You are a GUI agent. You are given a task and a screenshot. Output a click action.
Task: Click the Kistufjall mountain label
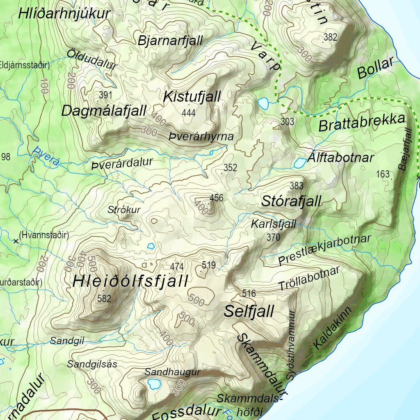click(192, 97)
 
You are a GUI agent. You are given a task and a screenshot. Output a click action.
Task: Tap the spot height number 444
click(189, 113)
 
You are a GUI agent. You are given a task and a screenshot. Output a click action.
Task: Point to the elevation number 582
click(104, 299)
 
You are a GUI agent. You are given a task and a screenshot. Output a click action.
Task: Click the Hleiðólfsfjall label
click(130, 281)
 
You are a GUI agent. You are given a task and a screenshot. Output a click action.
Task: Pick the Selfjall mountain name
click(249, 312)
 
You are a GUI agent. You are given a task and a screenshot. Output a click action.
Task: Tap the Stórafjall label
click(291, 201)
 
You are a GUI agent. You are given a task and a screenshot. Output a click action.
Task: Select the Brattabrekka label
click(362, 122)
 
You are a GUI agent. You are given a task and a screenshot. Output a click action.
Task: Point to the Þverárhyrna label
click(201, 137)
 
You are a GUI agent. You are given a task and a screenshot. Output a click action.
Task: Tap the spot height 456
click(217, 199)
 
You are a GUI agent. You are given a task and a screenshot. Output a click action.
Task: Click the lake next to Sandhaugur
click(154, 384)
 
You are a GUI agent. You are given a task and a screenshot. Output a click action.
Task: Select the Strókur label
click(124, 210)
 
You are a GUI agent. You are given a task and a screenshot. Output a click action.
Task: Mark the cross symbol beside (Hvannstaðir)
click(16, 241)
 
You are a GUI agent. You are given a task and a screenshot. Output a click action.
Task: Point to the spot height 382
click(330, 38)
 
